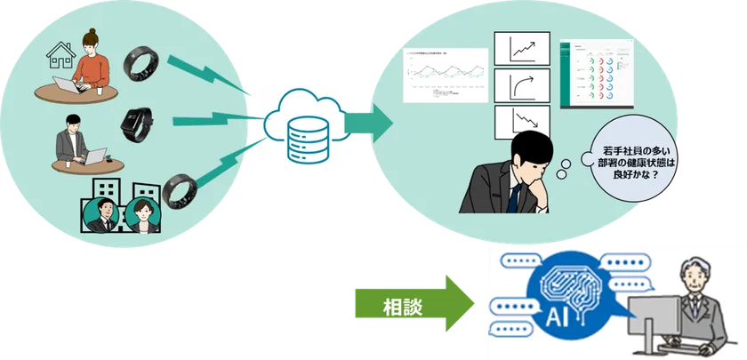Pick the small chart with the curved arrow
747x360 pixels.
pos(519,87)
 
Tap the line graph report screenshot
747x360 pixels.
pos(446,76)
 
